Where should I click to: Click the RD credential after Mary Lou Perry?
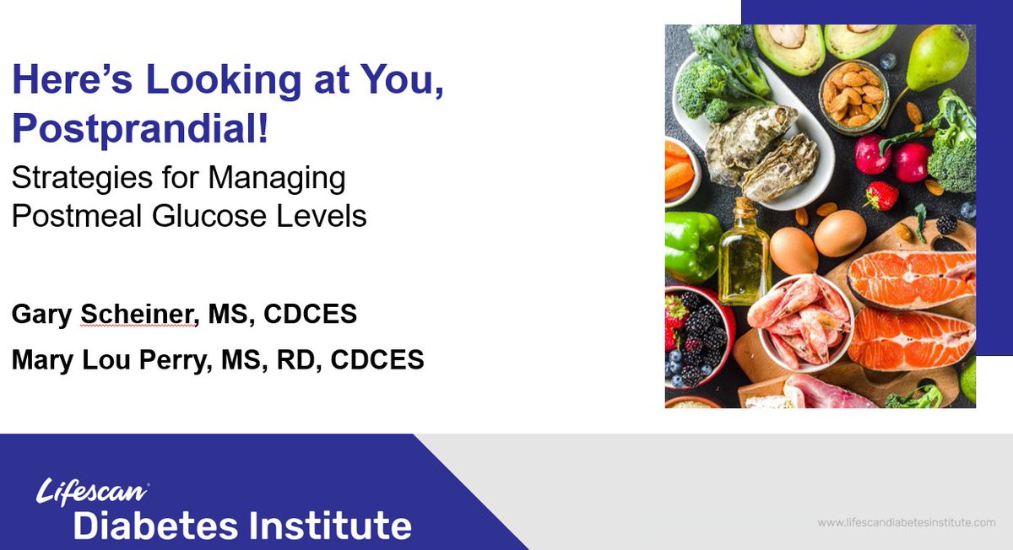point(303,359)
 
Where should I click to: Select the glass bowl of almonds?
point(853,94)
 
